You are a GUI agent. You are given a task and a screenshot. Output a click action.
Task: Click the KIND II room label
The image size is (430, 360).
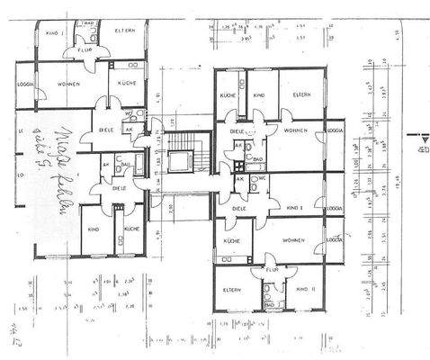[x=302, y=289]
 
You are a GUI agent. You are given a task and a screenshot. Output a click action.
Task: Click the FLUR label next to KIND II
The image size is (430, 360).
[x=268, y=268]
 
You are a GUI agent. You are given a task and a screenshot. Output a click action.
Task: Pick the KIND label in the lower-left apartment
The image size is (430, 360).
[x=93, y=229]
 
